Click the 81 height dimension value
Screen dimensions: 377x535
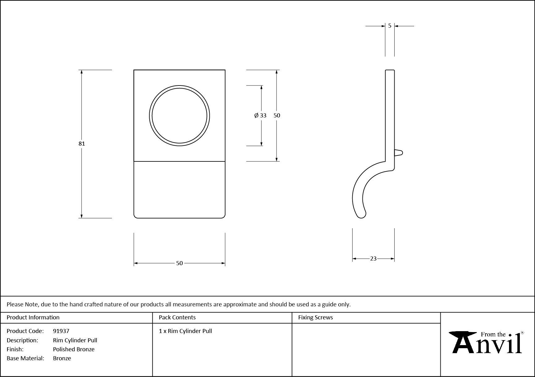click(82, 143)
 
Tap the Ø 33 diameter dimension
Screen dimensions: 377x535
click(260, 116)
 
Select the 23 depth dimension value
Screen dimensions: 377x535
click(373, 259)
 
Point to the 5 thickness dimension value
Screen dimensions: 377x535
click(390, 26)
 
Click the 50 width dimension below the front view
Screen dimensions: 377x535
click(179, 263)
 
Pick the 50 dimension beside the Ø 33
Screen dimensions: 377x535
click(277, 116)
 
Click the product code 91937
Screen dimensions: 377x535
click(61, 331)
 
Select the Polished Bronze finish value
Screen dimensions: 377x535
click(74, 349)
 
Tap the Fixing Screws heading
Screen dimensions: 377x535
click(315, 318)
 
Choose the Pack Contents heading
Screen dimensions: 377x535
click(177, 318)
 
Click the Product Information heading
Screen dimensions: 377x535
click(33, 318)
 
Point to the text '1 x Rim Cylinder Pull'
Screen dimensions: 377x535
click(186, 331)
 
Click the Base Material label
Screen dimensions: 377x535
click(25, 358)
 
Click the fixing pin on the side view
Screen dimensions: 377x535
click(399, 152)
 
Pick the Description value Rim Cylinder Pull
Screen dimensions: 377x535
click(75, 340)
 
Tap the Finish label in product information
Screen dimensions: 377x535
click(15, 349)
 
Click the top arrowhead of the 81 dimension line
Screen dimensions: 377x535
click(82, 72)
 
